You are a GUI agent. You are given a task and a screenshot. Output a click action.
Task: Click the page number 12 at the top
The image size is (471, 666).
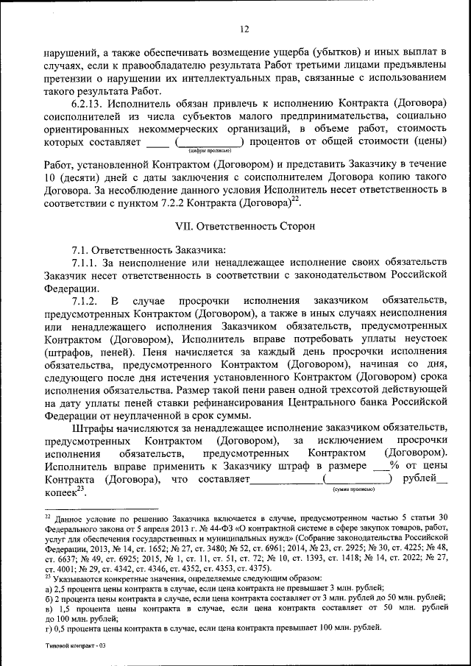244,29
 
